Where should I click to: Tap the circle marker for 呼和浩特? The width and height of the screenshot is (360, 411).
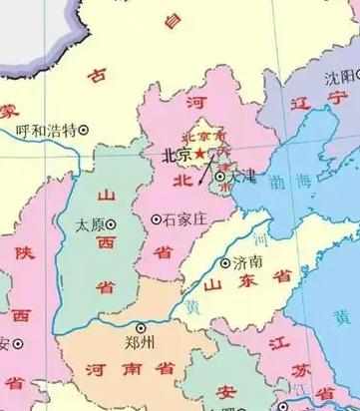pos(84,129)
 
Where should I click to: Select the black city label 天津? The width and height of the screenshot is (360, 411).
pos(241,176)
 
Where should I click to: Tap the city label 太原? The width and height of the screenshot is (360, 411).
pos(89,225)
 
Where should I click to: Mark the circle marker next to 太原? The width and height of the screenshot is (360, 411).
pos(111,224)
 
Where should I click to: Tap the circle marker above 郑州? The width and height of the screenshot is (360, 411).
pos(141,327)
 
